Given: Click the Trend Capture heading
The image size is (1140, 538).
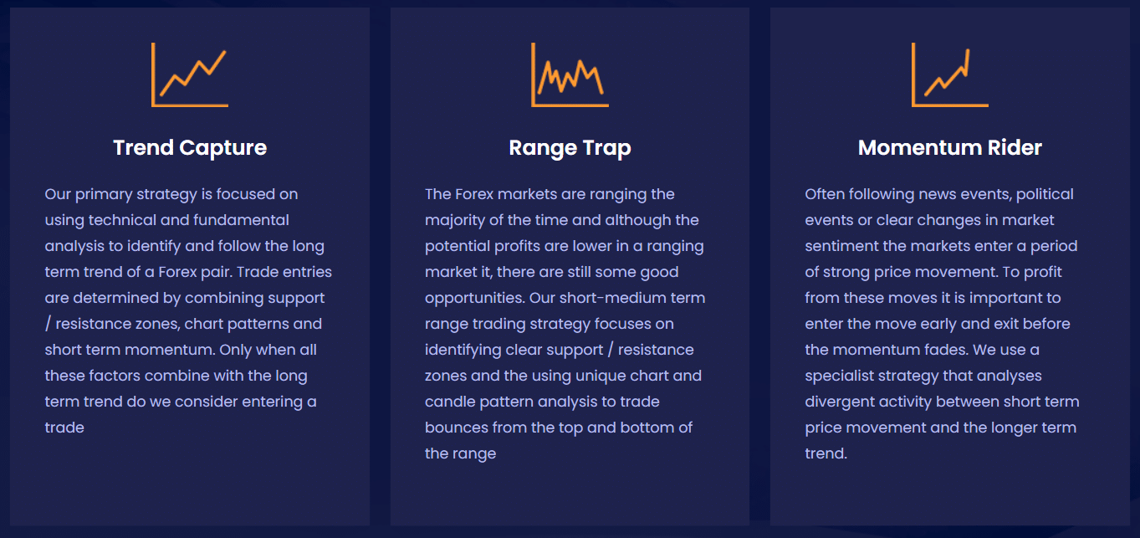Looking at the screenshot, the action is pyautogui.click(x=190, y=148).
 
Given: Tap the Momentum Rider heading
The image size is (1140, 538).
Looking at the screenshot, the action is pyautogui.click(x=949, y=147).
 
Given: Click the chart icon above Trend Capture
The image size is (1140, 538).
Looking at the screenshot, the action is pyautogui.click(x=190, y=74).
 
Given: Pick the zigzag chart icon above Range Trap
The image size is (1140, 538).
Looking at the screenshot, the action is pyautogui.click(x=570, y=74).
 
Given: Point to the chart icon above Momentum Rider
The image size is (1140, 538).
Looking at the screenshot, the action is pyautogui.click(x=949, y=74).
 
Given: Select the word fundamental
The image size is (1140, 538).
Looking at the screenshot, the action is pyautogui.click(x=234, y=220).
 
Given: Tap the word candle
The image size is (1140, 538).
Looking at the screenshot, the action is pyautogui.click(x=450, y=402).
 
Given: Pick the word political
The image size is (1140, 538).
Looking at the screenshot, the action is pyautogui.click(x=1045, y=195).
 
